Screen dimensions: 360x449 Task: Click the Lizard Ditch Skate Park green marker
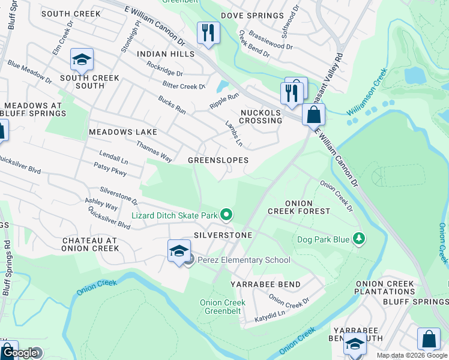226,214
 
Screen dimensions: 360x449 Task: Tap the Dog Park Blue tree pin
359,239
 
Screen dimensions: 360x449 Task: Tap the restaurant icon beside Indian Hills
208,34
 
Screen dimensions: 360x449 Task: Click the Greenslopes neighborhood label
218,160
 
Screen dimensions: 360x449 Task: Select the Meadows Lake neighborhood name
122,131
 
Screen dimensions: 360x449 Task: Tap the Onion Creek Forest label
298,207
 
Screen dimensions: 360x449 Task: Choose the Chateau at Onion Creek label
91,244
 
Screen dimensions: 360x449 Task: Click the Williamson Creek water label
366,93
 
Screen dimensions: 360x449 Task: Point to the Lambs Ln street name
234,134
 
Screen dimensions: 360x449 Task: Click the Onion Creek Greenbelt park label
222,307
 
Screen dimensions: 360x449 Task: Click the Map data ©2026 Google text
412,355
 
